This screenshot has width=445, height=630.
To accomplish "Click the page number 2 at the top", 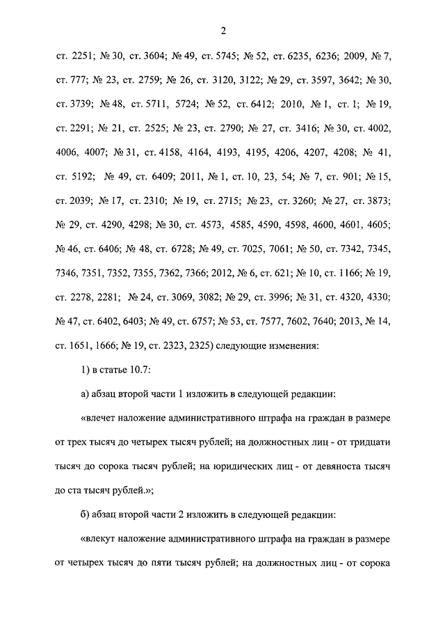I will (x=222, y=30).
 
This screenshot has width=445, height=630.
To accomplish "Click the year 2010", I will (x=295, y=105).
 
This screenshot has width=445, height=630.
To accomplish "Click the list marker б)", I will (x=86, y=514).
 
